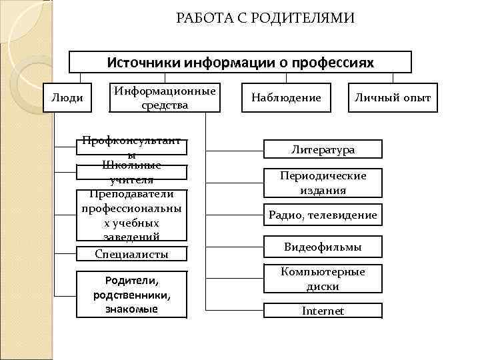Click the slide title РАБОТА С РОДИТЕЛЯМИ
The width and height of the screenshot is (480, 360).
point(265,17)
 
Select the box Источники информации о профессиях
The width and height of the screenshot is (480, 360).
point(241,62)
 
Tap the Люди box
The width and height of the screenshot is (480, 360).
point(67,98)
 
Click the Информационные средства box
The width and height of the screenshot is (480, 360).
point(165,97)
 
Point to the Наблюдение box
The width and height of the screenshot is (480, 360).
point(286,98)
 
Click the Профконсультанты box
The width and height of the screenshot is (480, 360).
point(131,147)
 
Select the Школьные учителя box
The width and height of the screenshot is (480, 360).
point(131,173)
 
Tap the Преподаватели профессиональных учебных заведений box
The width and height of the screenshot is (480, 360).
point(131,215)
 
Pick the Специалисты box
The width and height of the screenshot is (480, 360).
point(131,253)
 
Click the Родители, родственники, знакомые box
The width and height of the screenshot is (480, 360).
point(131,293)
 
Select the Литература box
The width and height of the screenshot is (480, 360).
point(323,149)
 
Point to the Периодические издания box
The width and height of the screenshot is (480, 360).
point(323,183)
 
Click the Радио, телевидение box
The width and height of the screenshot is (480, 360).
point(323,215)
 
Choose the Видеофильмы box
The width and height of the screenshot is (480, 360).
point(323,247)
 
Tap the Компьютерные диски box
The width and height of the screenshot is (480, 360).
point(323,279)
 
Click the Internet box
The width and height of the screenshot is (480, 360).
point(323,311)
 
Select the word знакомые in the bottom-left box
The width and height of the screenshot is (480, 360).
point(131,309)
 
